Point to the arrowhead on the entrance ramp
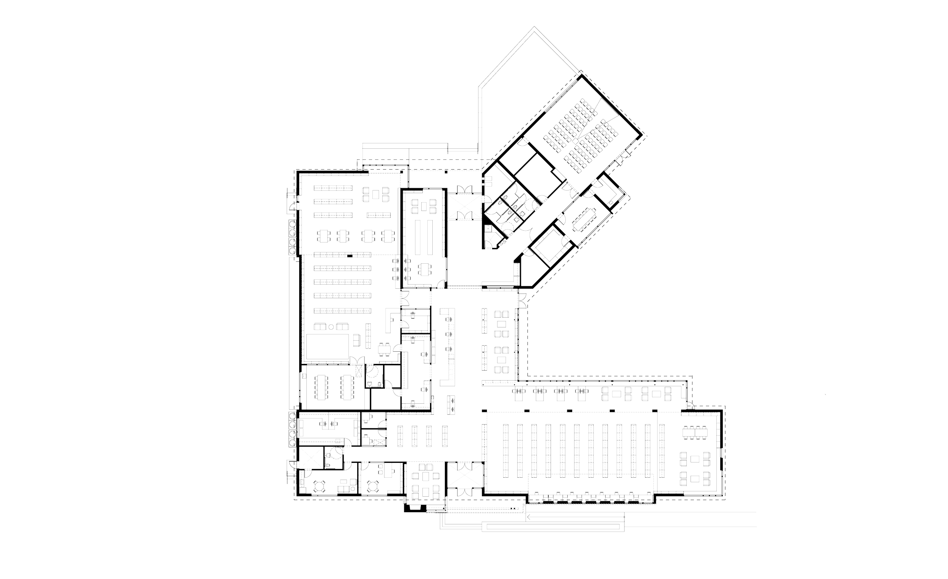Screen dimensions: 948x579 click(529, 518)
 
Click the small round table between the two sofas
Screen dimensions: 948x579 click(331, 327)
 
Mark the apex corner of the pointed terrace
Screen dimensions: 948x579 click(534, 27)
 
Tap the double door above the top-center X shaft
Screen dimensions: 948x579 click(464, 189)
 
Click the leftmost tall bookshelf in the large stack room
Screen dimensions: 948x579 click(505, 450)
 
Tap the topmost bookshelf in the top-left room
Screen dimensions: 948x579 click(333, 188)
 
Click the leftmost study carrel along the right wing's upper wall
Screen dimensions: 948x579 click(518, 393)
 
